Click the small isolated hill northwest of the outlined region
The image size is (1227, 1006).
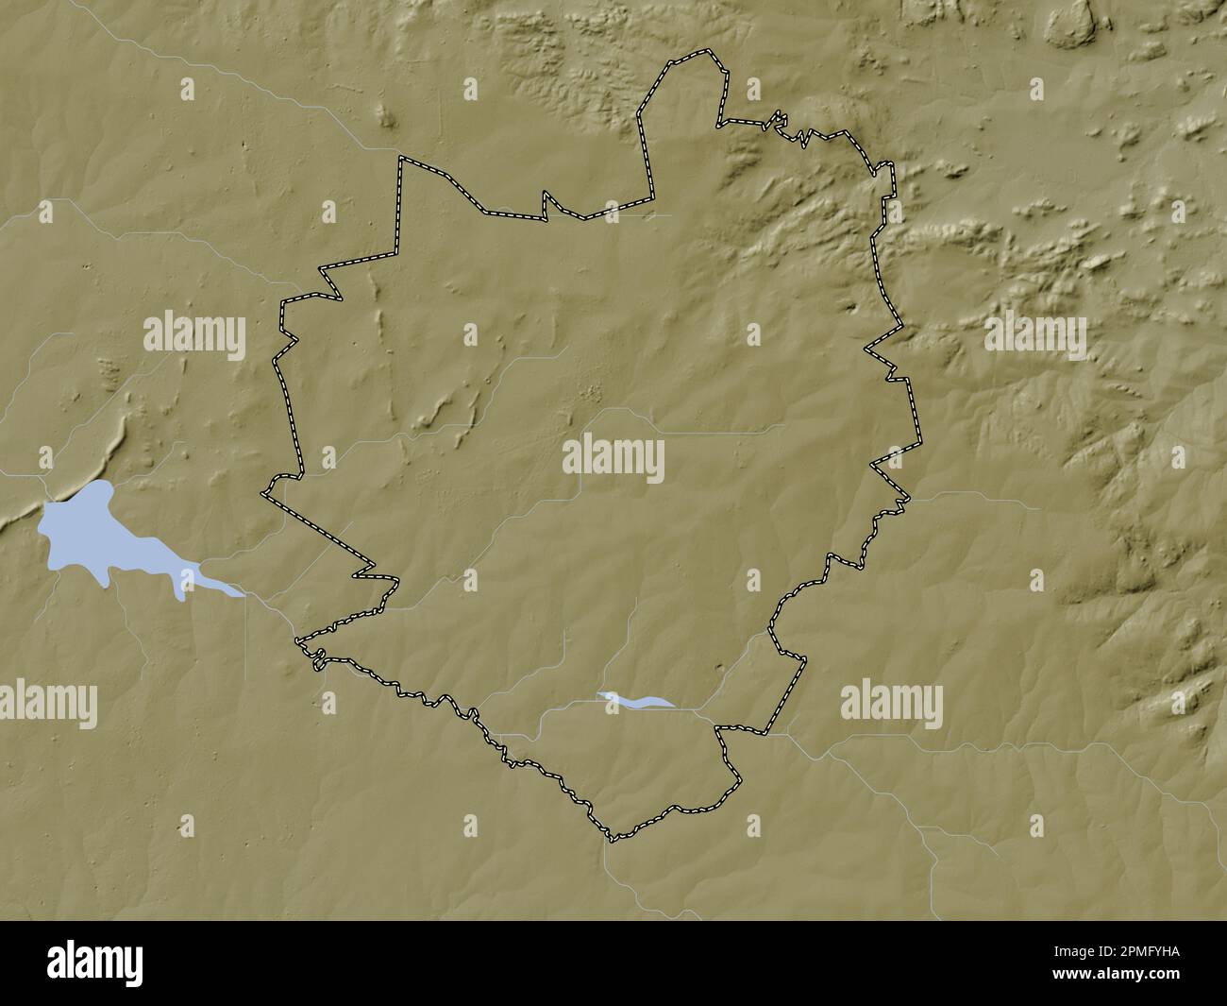click(386, 116)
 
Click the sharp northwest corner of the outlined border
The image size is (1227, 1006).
click(400, 158)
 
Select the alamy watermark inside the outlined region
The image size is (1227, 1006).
click(613, 460)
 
